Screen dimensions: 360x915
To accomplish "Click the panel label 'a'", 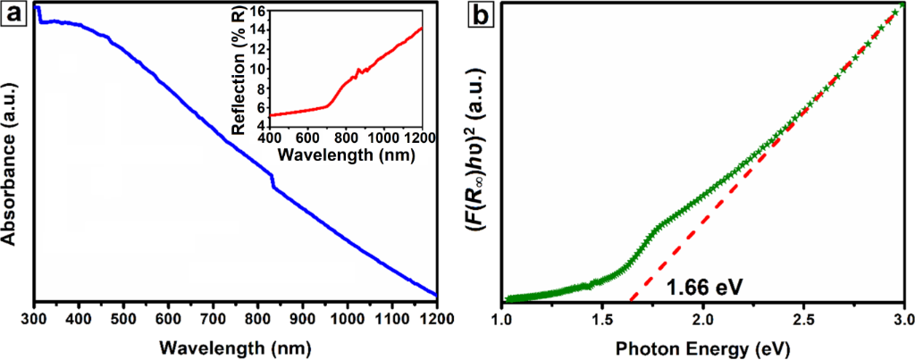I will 13,13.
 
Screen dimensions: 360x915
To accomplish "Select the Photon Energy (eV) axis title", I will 703,345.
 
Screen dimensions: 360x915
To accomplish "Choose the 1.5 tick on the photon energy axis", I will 603,318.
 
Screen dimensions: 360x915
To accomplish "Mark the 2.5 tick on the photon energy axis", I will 804,318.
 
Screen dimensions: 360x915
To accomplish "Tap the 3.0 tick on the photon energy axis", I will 903,318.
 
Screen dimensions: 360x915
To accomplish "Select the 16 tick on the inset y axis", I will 256,13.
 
